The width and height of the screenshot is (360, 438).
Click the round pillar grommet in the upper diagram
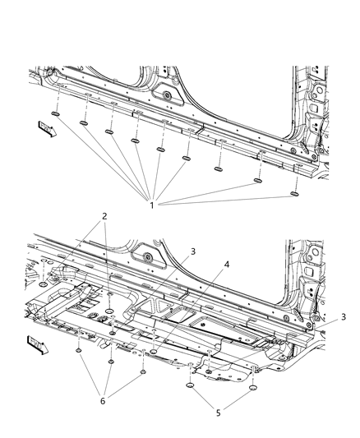168,97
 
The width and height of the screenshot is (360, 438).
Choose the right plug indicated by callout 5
251,385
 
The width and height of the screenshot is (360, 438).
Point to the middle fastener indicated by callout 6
109,361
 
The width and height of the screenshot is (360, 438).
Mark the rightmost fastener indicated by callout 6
143,371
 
